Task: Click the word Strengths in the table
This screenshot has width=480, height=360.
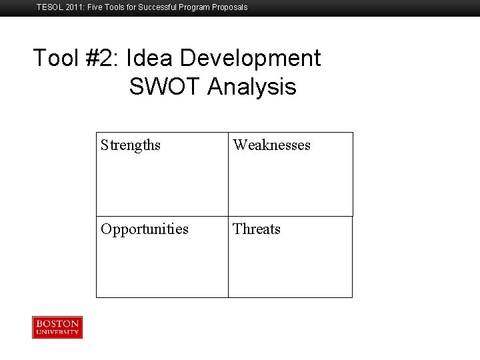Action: click(131, 145)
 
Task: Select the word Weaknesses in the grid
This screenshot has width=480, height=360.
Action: click(271, 145)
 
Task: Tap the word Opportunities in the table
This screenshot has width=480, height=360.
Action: click(145, 229)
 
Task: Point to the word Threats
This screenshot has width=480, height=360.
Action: click(257, 229)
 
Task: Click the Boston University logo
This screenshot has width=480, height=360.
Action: click(57, 327)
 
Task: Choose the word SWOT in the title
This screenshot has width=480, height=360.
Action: click(165, 87)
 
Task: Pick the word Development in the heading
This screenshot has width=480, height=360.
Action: click(251, 59)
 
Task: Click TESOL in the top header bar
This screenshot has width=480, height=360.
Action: click(48, 7)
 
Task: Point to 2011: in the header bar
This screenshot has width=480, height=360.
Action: click(75, 7)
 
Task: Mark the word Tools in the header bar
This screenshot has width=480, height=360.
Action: click(117, 7)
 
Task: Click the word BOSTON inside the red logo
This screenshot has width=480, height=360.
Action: click(57, 323)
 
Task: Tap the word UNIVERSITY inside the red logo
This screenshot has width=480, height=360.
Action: click(57, 331)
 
